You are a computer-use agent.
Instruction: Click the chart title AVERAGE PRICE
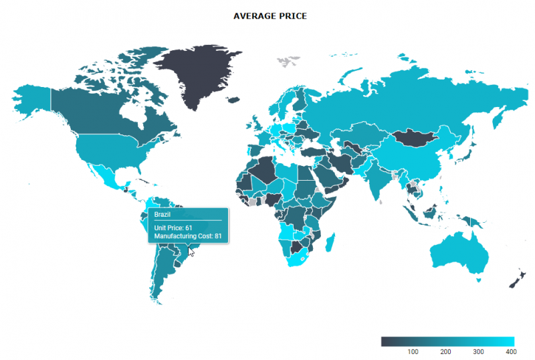coord(270,15)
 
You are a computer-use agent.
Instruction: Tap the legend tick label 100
coord(413,351)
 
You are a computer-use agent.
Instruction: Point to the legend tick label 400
coord(510,351)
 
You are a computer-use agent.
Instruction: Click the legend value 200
coord(446,351)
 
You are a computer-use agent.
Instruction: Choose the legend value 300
coord(478,351)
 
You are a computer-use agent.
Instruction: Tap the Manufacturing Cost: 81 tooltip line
coord(188,236)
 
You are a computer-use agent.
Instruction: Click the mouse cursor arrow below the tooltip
coord(192,252)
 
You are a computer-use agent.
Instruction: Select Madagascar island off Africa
coord(330,242)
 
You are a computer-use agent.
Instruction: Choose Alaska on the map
coord(30,100)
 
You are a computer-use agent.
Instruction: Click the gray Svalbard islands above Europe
coord(288,62)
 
